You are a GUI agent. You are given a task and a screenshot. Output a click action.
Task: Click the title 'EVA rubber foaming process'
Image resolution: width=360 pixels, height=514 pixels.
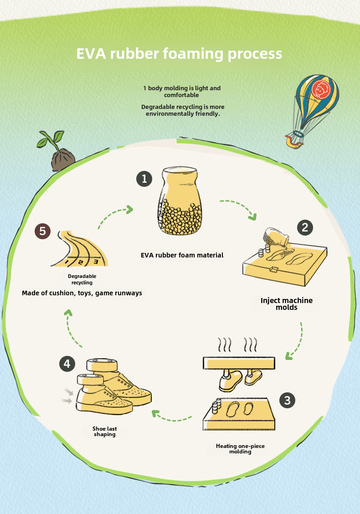click(x=179, y=54)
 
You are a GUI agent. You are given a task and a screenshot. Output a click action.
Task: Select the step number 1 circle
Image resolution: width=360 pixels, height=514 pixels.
click(x=144, y=179)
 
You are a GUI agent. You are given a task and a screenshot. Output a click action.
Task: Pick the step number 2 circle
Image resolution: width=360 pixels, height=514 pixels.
click(x=305, y=227)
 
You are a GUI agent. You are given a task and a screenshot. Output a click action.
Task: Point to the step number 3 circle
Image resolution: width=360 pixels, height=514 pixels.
click(x=287, y=401)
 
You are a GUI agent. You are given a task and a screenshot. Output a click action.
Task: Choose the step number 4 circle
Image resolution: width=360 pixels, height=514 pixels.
click(x=67, y=364)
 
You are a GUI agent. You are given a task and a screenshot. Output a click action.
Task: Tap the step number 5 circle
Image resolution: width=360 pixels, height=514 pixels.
click(x=42, y=231)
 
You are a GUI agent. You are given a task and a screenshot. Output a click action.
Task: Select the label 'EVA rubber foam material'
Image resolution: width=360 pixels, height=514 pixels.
click(x=182, y=255)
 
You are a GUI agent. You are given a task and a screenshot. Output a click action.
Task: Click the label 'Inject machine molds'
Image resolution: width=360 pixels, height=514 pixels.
click(x=287, y=304)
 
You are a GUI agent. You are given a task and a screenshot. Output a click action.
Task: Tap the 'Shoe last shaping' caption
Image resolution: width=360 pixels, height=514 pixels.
click(x=105, y=432)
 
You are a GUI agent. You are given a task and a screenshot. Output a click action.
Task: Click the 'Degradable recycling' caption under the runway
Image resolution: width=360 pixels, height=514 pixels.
click(x=82, y=279)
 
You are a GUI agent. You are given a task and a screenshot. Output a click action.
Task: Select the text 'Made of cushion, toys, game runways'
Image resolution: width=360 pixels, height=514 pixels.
click(x=82, y=293)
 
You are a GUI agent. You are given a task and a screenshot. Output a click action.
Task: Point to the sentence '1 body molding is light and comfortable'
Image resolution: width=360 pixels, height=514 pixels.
click(x=182, y=91)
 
